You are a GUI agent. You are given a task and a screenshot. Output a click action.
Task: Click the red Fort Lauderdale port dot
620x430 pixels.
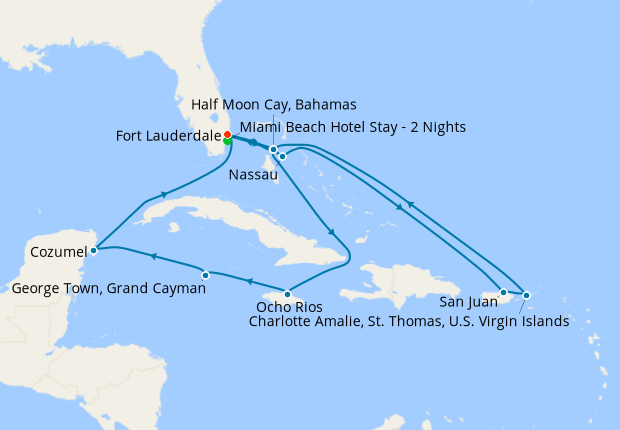pyautogui.click(x=227, y=135)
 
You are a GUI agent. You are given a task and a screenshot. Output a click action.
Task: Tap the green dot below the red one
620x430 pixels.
pyautogui.click(x=228, y=142)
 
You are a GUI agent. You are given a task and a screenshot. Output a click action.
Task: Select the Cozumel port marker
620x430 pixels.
pyautogui.click(x=93, y=250)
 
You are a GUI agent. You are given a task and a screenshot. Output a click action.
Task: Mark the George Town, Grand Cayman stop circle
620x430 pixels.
pyautogui.click(x=205, y=274)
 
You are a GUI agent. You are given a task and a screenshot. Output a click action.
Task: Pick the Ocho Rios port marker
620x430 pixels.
pyautogui.click(x=288, y=293)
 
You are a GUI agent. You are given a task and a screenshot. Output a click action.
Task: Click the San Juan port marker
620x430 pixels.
pyautogui.click(x=504, y=293)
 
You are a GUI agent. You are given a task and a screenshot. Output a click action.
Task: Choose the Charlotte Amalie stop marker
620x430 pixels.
pyautogui.click(x=526, y=295)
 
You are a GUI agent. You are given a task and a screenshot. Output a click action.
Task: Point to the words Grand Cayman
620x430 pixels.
pyautogui.click(x=160, y=288)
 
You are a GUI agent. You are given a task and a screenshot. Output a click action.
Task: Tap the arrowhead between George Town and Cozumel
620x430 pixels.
pyautogui.click(x=153, y=257)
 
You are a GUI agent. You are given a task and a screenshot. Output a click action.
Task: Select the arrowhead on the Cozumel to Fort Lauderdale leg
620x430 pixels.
pyautogui.click(x=163, y=195)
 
